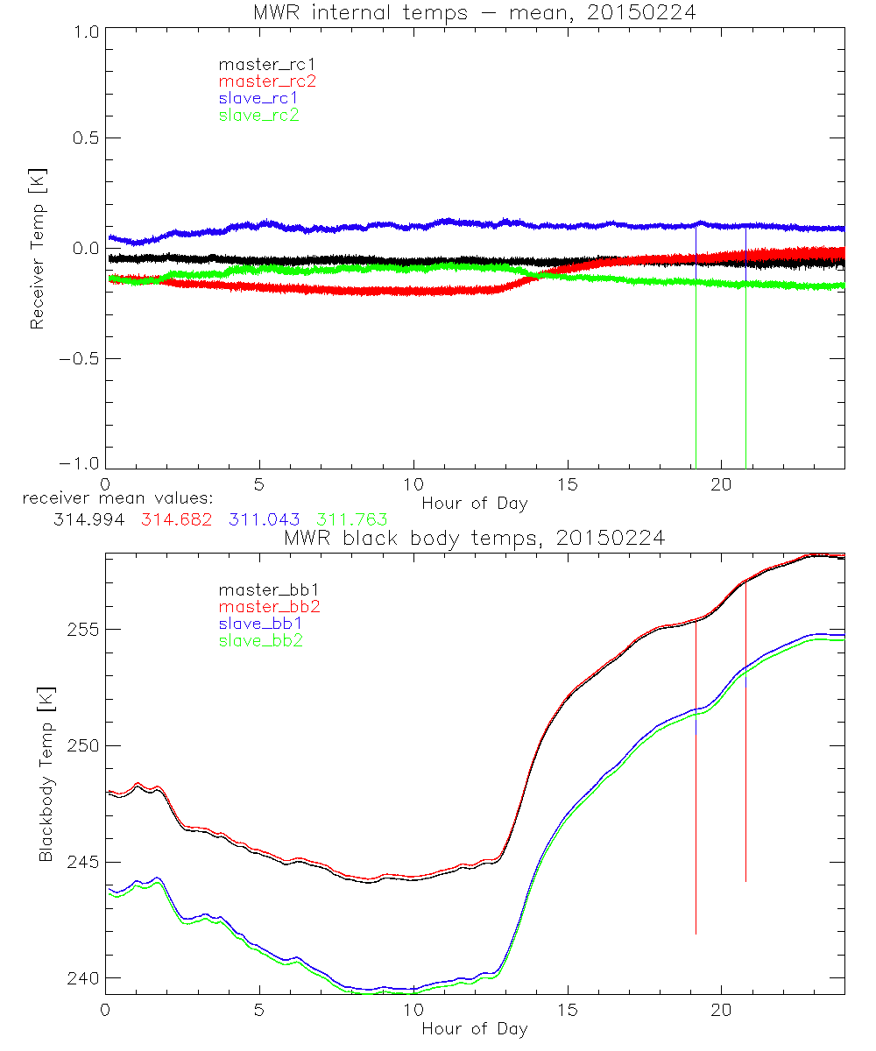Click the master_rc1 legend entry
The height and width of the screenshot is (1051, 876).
coord(258,64)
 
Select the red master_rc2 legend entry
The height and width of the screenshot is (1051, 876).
coord(267,81)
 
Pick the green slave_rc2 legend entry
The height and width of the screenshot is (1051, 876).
coord(258,115)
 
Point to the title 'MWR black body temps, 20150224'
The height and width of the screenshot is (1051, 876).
coord(475,538)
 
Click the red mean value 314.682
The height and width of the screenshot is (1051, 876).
coord(175,519)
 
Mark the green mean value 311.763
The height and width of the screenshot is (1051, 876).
coord(352,519)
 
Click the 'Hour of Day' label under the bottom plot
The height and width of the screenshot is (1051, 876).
coord(475,1028)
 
